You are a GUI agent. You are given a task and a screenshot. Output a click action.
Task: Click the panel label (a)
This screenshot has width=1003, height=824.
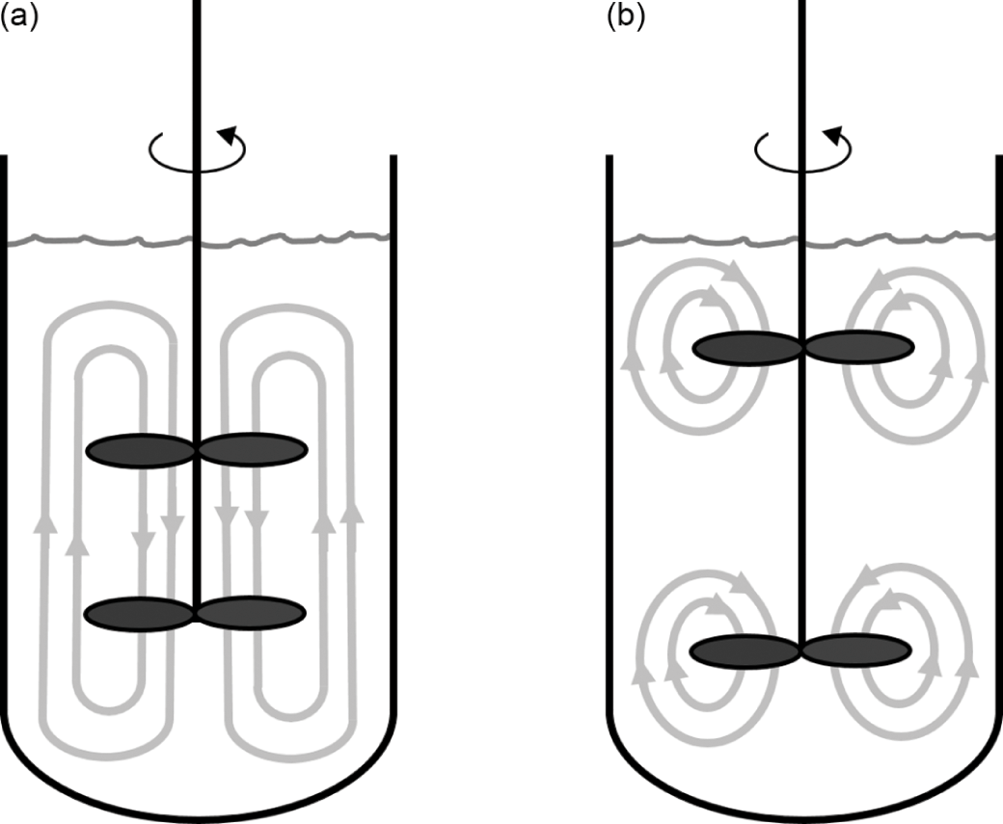[18, 17]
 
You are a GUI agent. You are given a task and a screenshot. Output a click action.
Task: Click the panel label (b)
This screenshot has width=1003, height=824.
[626, 17]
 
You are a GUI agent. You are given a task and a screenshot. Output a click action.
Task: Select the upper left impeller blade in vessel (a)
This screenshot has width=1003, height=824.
[141, 449]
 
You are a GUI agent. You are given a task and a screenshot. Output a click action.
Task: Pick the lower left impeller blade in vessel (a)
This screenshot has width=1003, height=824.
[141, 613]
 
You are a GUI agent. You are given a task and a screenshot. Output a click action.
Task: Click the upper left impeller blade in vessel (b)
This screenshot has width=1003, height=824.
[747, 348]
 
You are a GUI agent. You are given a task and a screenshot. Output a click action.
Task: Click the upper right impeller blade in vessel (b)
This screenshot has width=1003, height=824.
[858, 348]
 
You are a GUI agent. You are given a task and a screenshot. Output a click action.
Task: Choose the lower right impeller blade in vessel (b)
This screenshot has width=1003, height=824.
[855, 651]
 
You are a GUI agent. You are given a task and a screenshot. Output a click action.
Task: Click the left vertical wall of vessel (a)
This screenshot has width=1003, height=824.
[5, 434]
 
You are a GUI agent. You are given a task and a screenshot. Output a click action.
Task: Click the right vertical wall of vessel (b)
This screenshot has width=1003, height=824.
[997, 434]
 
